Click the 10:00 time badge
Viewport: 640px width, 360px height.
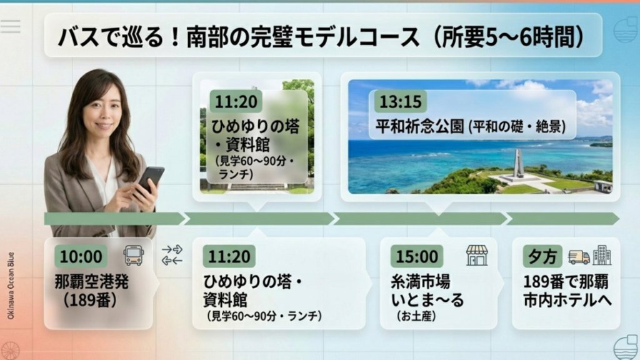pyautogui.click(x=81, y=256)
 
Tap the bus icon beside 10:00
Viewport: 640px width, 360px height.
pyautogui.click(x=134, y=255)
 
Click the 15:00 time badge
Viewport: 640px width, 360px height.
pyautogui.click(x=417, y=256)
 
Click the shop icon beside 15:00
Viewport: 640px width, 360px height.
pyautogui.click(x=477, y=255)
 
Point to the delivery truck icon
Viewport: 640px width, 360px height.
pyautogui.click(x=579, y=256)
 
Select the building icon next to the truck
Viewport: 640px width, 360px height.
pyautogui.click(x=602, y=255)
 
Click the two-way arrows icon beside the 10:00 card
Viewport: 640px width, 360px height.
pyautogui.click(x=172, y=255)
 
